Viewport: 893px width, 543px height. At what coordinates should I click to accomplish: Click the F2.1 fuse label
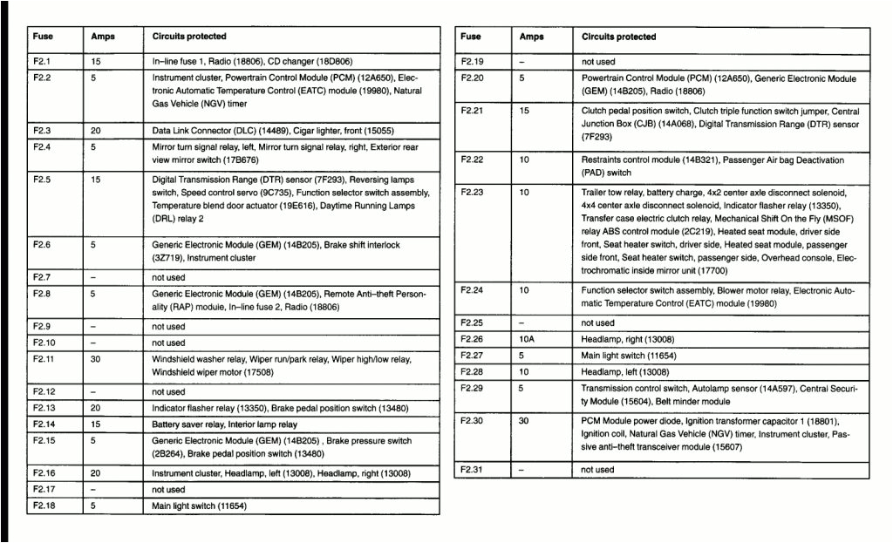click(42, 62)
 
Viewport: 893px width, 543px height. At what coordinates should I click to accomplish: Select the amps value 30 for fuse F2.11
click(97, 359)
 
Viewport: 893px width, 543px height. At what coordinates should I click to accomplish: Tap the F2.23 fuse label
click(471, 192)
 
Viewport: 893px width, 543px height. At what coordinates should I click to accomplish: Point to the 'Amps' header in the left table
click(103, 37)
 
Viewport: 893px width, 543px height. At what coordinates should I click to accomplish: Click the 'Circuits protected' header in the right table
click(618, 37)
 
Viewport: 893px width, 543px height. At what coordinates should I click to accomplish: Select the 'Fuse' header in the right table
click(470, 37)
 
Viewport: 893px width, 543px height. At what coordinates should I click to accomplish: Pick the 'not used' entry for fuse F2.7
click(168, 277)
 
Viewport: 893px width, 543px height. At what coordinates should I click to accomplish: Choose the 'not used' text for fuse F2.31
click(597, 470)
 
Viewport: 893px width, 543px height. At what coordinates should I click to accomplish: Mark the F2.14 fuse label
click(44, 424)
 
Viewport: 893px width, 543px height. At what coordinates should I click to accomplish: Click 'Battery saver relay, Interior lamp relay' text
click(224, 424)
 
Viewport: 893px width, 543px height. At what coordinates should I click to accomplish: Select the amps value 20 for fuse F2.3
click(96, 130)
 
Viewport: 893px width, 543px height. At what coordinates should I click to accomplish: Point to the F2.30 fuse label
click(471, 420)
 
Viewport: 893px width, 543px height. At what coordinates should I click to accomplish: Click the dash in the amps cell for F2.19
click(521, 62)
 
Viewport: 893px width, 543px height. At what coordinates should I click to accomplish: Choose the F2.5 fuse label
click(42, 179)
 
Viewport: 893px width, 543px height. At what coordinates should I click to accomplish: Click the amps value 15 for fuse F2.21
click(524, 111)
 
